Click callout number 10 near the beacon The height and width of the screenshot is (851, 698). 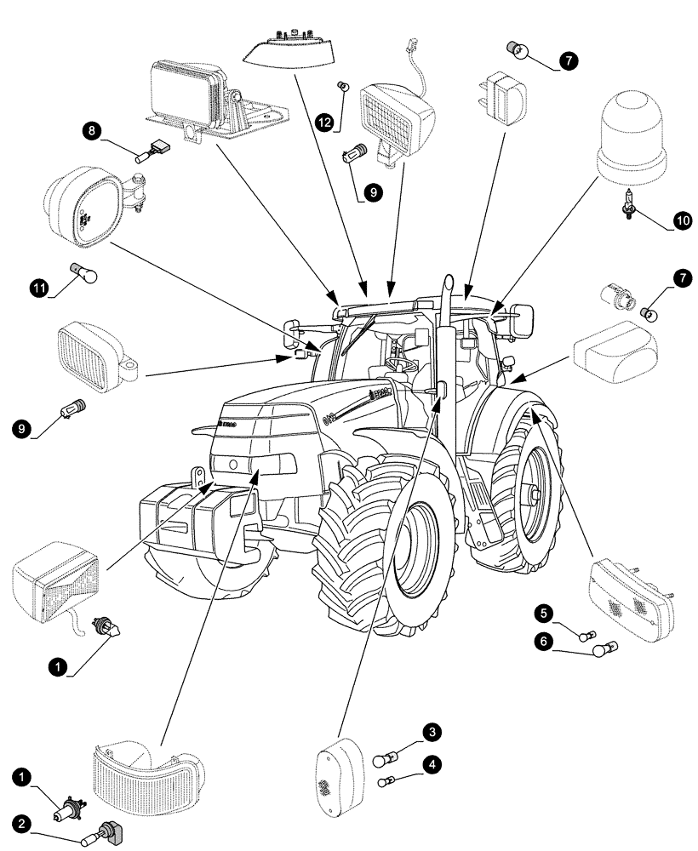[683, 220]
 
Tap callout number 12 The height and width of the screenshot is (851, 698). [323, 123]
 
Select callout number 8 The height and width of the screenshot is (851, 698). [91, 131]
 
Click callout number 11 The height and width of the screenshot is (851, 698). [37, 289]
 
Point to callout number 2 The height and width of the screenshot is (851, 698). [20, 825]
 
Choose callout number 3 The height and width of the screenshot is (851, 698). [433, 732]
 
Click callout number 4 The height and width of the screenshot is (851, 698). [433, 765]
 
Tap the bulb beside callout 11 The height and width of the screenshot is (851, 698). [88, 275]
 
